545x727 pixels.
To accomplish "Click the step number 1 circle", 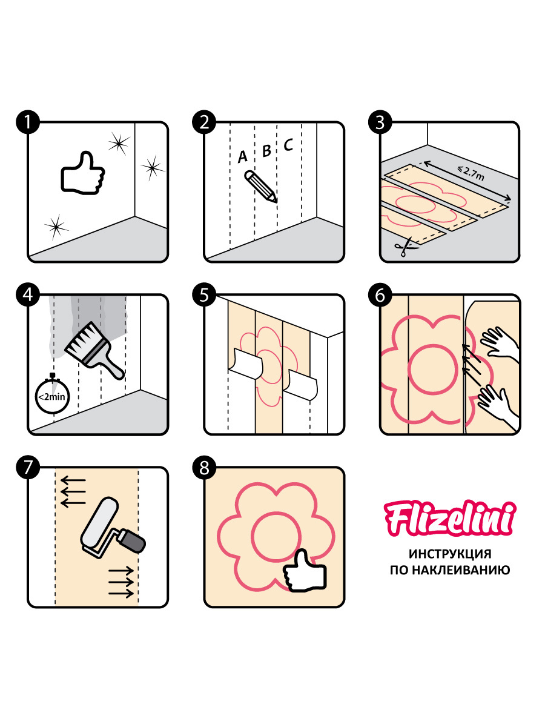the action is pyautogui.click(x=28, y=122).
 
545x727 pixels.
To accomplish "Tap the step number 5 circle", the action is pyautogui.click(x=204, y=294).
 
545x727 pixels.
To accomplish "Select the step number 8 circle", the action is pyautogui.click(x=204, y=467).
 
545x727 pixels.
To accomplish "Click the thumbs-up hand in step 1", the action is pyautogui.click(x=82, y=173).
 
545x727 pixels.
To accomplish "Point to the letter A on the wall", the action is pyautogui.click(x=243, y=157).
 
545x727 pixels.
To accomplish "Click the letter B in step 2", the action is pyautogui.click(x=266, y=151).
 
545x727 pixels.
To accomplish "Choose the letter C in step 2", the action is pyautogui.click(x=288, y=145).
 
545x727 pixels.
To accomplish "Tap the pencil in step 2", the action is pyautogui.click(x=260, y=187).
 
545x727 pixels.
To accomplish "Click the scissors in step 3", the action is pyautogui.click(x=405, y=247).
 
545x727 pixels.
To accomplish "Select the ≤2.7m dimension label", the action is pyautogui.click(x=471, y=173).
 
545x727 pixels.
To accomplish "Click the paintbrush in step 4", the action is pyautogui.click(x=94, y=351).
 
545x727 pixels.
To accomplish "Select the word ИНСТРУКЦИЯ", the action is pyautogui.click(x=450, y=554).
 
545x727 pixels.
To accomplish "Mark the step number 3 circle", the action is pyautogui.click(x=380, y=122).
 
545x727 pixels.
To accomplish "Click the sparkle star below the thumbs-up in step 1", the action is pyautogui.click(x=56, y=227).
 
